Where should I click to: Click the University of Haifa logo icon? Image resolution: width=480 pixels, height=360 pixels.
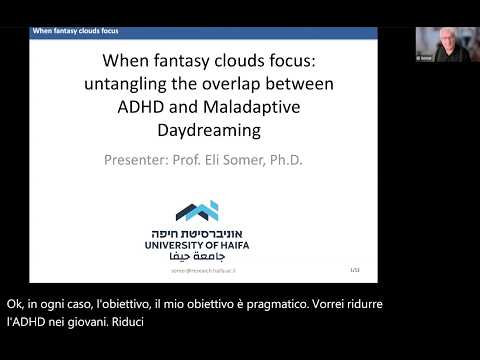click(x=197, y=211)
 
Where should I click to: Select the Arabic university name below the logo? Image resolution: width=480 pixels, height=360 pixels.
click(x=197, y=256)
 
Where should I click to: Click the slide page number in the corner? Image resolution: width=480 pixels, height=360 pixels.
click(x=354, y=270)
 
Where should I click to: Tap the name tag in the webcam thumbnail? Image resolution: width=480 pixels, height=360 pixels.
click(x=425, y=59)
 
